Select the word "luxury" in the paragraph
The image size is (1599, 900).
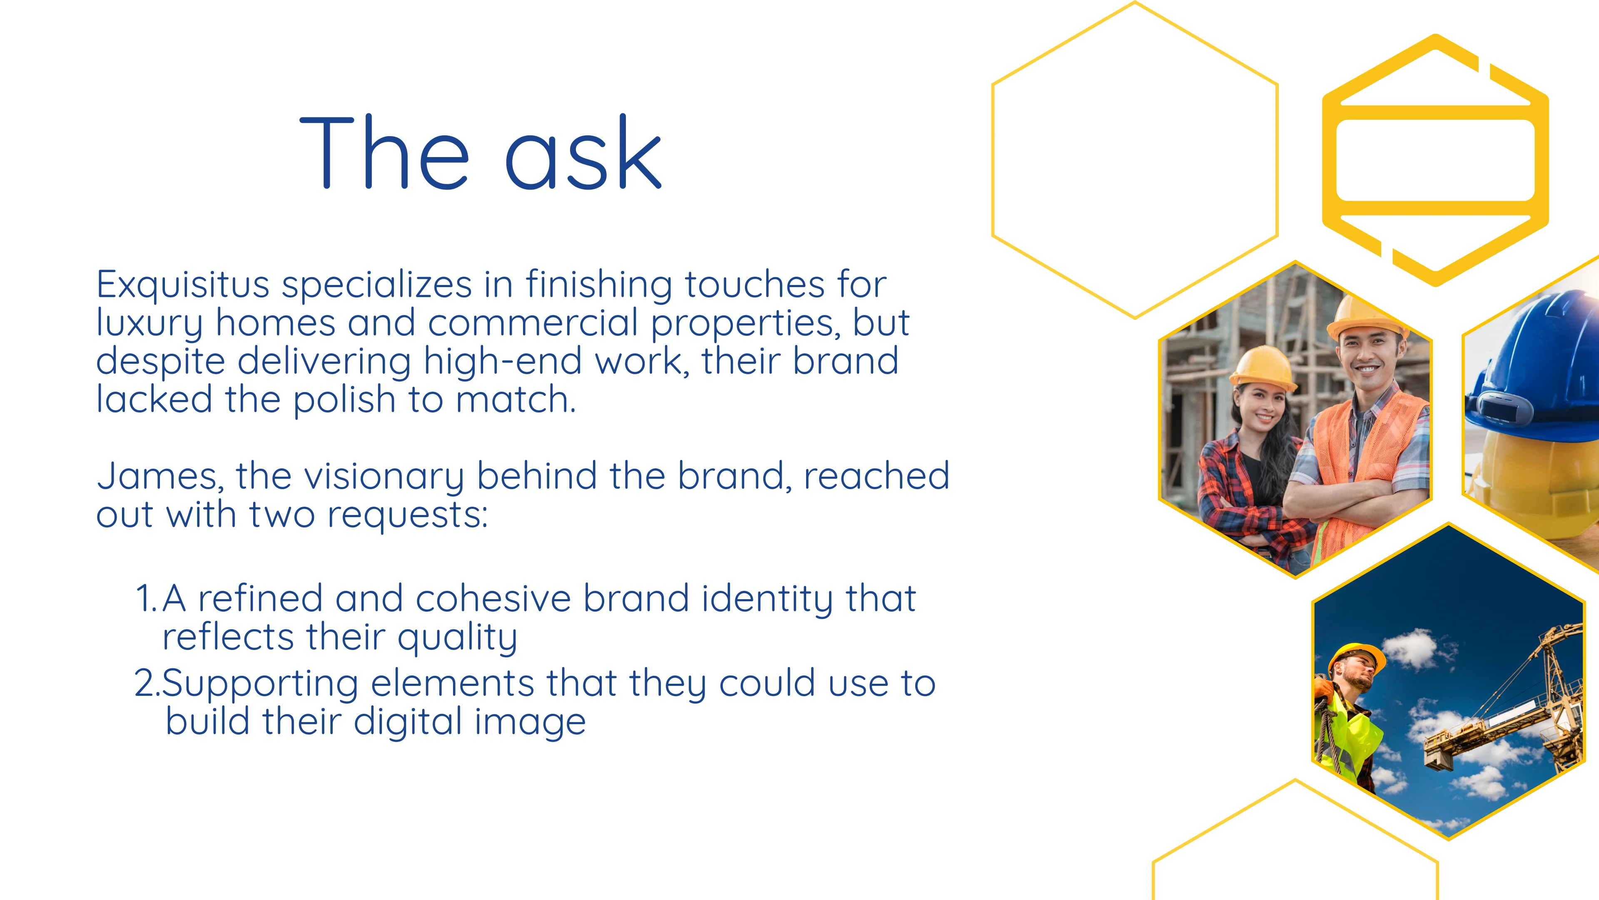149,324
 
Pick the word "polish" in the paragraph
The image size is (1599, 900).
344,400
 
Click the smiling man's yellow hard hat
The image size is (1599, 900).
1366,316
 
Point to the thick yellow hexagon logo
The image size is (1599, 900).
1435,160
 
